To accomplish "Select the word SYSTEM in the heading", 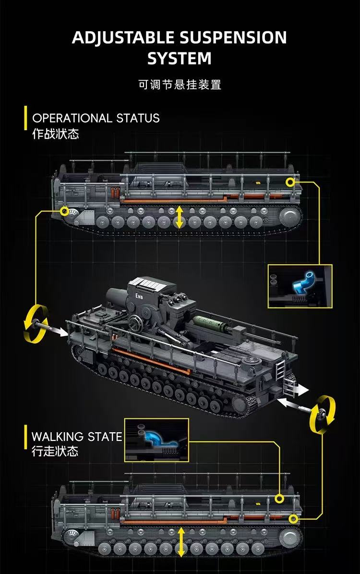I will coord(179,59).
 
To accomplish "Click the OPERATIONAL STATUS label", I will coord(96,118).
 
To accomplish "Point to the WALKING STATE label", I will coord(77,437).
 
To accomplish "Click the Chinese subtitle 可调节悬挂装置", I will coord(180,85).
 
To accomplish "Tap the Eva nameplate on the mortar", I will coord(139,295).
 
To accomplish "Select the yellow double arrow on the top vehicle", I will coord(179,217).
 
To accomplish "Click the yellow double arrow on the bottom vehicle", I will coord(181,542).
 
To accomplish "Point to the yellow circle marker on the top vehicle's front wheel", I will coord(64,210).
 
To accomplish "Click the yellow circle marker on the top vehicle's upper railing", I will coord(289,182).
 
